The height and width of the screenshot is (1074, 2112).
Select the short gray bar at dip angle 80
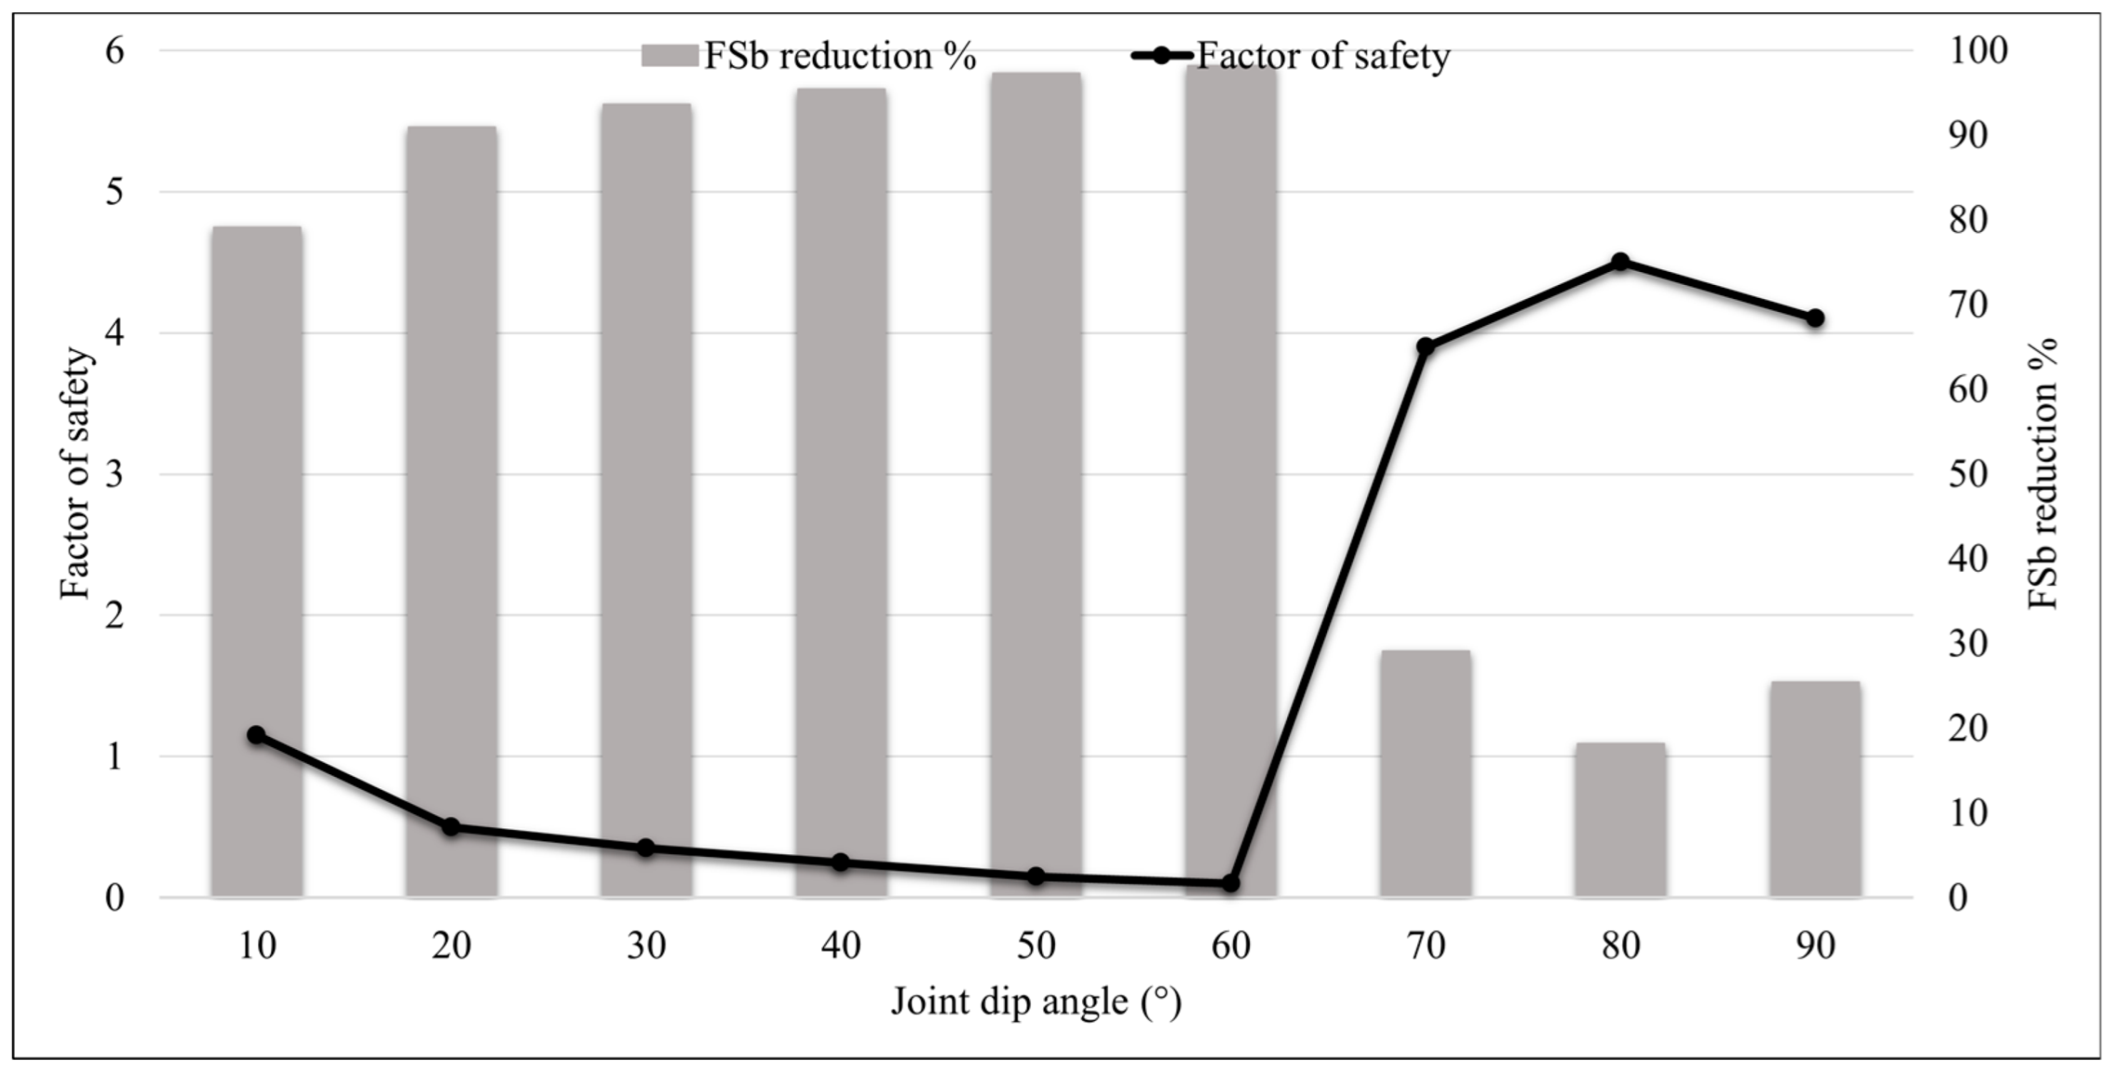[x=1620, y=820]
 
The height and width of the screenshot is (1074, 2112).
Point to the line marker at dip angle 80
[x=1620, y=262]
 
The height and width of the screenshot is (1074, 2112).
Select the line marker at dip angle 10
[x=256, y=735]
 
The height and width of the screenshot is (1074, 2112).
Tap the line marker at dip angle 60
[x=1231, y=883]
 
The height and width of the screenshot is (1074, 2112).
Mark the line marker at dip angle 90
[x=1815, y=318]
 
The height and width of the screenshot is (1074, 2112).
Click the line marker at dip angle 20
[x=451, y=826]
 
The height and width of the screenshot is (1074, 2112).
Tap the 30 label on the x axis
[x=646, y=946]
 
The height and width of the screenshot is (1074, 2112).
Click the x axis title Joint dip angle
[x=1036, y=1002]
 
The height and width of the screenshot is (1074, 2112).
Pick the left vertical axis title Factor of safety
[x=76, y=474]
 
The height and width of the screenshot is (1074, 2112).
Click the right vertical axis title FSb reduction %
[x=2042, y=474]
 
